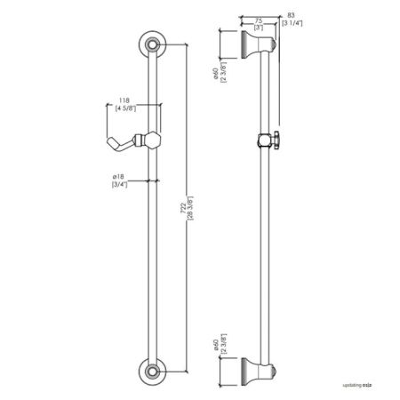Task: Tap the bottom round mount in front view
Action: [153, 370]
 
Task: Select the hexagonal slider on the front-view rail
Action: [152, 139]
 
